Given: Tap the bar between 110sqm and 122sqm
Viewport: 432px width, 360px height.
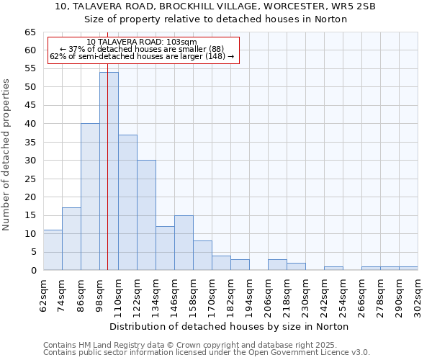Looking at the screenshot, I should [x=127, y=202].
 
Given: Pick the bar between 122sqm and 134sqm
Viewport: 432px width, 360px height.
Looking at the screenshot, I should [x=146, y=215].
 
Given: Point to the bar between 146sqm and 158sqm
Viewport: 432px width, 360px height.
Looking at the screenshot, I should [x=184, y=243].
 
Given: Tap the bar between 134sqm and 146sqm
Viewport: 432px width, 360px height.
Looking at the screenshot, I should [x=165, y=248].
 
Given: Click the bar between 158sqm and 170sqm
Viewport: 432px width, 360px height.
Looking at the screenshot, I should [x=202, y=256].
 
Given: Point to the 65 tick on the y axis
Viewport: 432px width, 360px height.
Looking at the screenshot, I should [x=30, y=32].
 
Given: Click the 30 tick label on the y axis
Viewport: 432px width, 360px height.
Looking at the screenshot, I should [x=30, y=161].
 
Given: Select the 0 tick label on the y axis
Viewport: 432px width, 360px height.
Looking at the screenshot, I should [x=32, y=271].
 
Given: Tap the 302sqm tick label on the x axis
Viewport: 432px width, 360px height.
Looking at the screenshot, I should [x=418, y=294].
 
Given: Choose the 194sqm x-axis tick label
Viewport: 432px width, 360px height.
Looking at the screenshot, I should [x=250, y=294].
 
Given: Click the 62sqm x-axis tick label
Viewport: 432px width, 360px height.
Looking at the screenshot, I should [x=44, y=294].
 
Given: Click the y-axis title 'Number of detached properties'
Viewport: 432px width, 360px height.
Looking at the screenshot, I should [x=6, y=155].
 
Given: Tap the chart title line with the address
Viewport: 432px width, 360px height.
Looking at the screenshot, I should [x=215, y=6].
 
